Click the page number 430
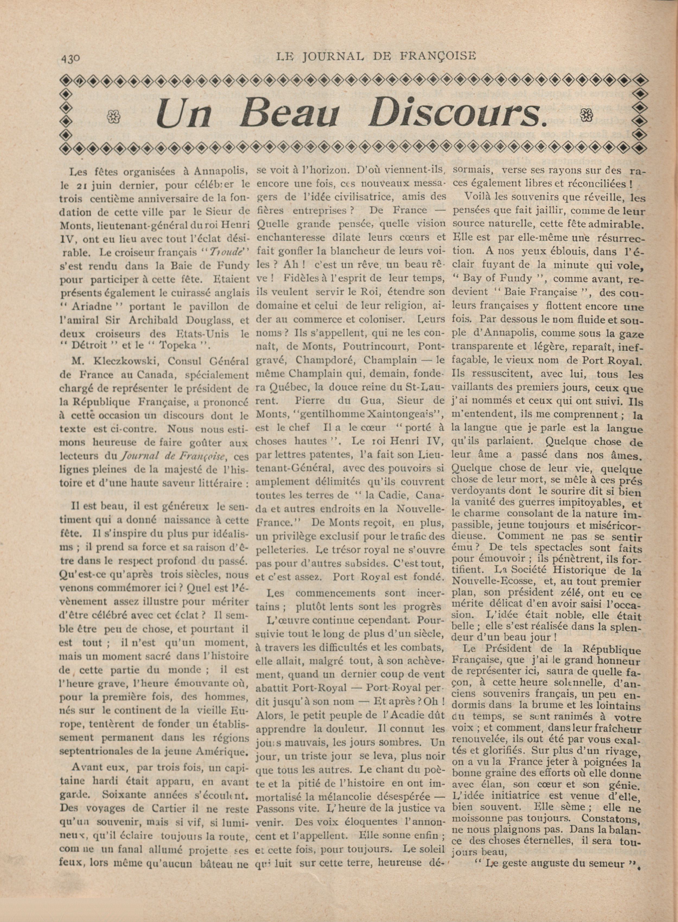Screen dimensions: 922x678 coord(71,59)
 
